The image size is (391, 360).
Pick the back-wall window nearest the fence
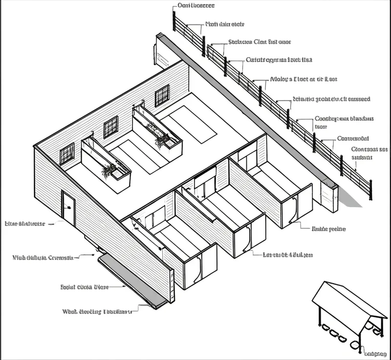(x=162, y=95)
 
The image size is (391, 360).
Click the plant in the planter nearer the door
(x=108, y=170)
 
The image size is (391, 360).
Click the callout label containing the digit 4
(x=288, y=255)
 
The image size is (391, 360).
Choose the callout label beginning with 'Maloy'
(x=304, y=78)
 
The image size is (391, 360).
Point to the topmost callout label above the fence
(x=196, y=6)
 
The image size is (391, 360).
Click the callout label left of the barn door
(x=24, y=224)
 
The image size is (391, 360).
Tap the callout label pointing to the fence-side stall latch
(x=328, y=228)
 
